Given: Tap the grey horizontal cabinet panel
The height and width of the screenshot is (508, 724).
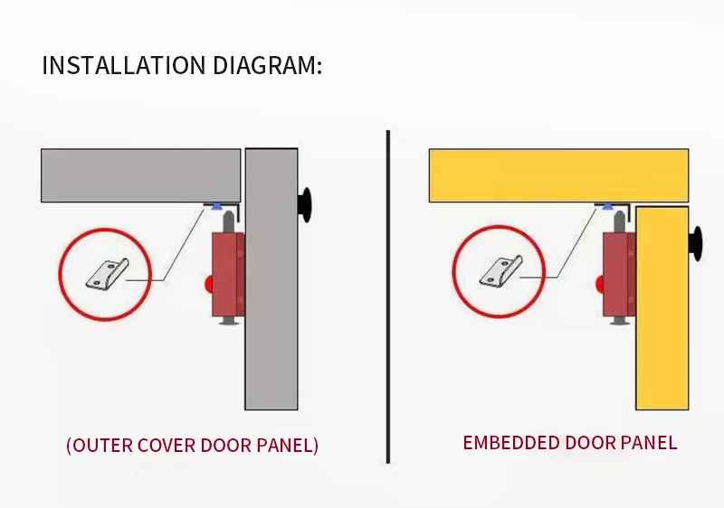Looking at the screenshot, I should (140, 175).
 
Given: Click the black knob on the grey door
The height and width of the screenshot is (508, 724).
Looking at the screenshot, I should (308, 205).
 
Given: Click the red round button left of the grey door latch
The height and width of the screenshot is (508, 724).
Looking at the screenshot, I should (209, 283).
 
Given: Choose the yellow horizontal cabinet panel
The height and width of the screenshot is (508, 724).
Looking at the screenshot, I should (557, 175).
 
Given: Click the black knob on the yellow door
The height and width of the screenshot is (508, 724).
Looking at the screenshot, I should (698, 241).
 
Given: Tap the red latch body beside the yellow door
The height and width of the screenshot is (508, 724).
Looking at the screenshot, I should (620, 273).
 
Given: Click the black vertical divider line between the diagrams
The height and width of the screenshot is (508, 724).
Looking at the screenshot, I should (388, 298).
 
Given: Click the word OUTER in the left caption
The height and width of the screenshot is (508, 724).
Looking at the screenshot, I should (101, 446).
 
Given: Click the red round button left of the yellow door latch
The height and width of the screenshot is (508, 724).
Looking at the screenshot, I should (602, 283).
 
